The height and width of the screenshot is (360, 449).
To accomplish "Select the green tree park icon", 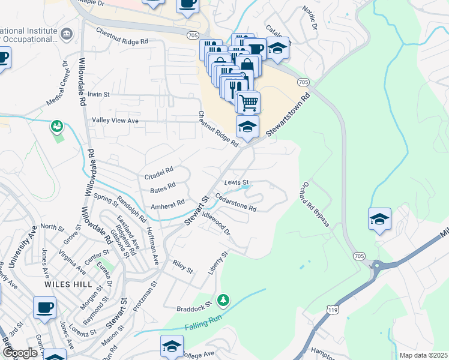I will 223,298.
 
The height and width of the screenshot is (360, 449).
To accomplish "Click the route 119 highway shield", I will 331,308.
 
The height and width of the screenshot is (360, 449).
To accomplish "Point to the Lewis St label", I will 237,182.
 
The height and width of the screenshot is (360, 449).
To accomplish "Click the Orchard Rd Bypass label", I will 316,204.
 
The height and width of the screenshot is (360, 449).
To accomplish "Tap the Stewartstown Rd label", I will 289,113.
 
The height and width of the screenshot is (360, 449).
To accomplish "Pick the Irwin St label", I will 99,95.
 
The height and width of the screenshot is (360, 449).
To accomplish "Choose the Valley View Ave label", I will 115,121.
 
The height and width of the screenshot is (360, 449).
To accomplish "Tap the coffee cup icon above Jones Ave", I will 44,307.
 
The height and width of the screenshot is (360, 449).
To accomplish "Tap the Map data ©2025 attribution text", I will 423,355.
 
